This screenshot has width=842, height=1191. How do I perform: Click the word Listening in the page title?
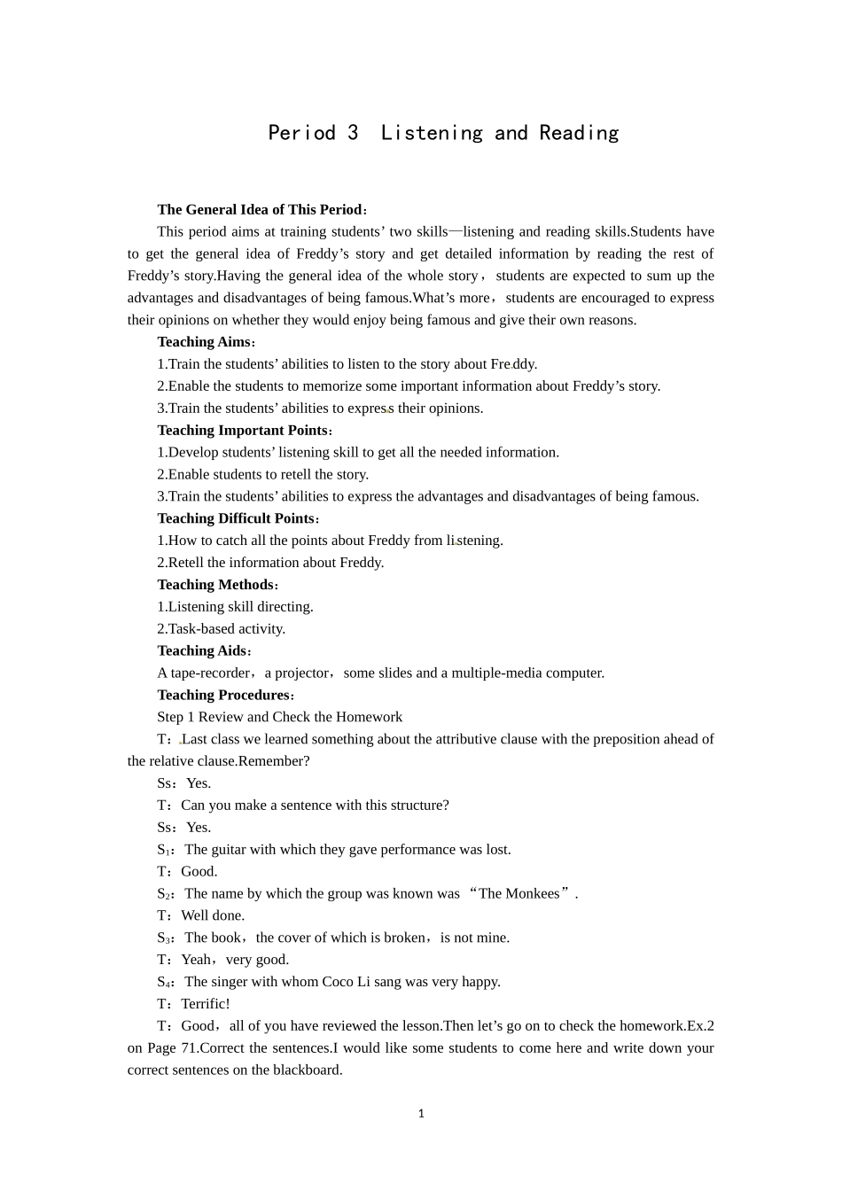(432, 133)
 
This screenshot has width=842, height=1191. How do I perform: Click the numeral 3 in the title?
(353, 133)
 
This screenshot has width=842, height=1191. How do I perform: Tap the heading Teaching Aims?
(204, 342)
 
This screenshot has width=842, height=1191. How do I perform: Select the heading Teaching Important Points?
(242, 430)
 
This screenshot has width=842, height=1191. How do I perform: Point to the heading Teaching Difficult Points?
(236, 518)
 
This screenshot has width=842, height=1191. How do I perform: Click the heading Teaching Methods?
(215, 585)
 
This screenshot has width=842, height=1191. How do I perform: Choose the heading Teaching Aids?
(202, 651)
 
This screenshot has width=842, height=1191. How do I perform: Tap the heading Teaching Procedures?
(223, 695)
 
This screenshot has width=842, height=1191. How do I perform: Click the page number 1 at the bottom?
(421, 1114)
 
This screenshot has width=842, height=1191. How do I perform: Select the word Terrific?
(206, 1004)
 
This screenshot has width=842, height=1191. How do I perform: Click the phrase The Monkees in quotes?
(519, 893)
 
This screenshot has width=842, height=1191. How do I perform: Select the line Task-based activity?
(227, 629)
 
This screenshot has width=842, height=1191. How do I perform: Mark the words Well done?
(213, 915)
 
